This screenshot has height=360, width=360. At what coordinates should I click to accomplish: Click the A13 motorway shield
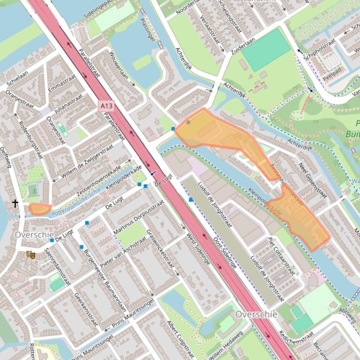pos(106,106)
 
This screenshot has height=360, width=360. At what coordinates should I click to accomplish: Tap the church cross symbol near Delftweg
pos(15,203)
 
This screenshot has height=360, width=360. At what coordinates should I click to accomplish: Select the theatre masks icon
pos(31,254)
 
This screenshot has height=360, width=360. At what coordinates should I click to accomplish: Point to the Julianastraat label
pos(68,104)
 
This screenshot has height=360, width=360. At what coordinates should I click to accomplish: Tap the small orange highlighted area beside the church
pos(40,209)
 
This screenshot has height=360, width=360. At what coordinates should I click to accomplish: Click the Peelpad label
pos(332,76)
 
